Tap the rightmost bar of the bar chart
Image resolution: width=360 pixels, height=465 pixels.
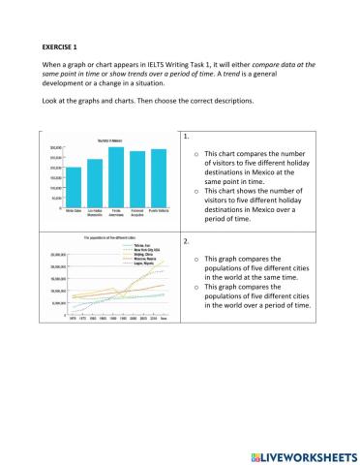click(159, 178)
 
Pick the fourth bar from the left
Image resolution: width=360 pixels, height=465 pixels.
click(137, 179)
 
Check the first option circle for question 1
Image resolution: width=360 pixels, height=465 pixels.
click(196, 154)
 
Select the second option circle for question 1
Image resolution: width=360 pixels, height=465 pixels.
click(196, 192)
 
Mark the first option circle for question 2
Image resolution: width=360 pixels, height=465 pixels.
click(196, 260)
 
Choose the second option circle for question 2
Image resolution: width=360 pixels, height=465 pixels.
click(196, 288)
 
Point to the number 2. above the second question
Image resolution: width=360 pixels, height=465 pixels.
click(185, 238)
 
